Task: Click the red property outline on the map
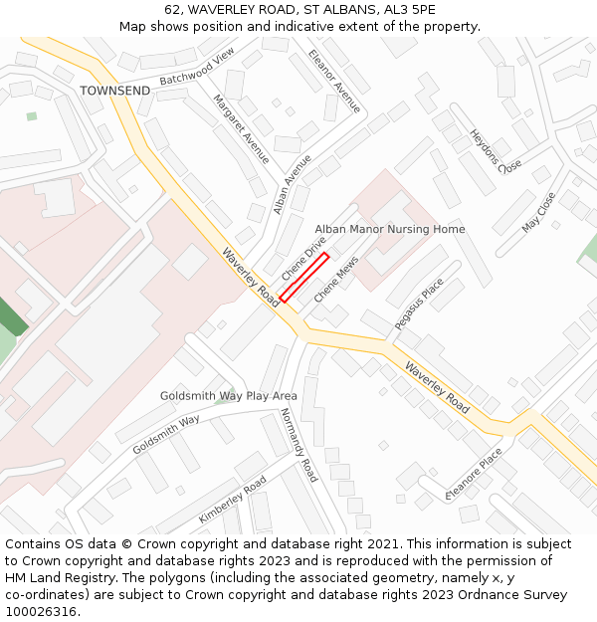pos(304,277)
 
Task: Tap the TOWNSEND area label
pos(115,91)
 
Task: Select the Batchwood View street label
pos(197,66)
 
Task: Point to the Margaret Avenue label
pos(241,129)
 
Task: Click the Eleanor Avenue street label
pos(334,81)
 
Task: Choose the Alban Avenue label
pos(293,183)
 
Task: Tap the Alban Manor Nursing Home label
pos(390,229)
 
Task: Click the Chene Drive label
pos(303,258)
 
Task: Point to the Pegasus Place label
pos(419,304)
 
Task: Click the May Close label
pos(538,213)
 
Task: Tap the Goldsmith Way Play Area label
pos(229,396)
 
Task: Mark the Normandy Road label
pos(298,445)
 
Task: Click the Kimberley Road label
pos(232,499)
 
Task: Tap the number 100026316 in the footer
pos(39,612)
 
